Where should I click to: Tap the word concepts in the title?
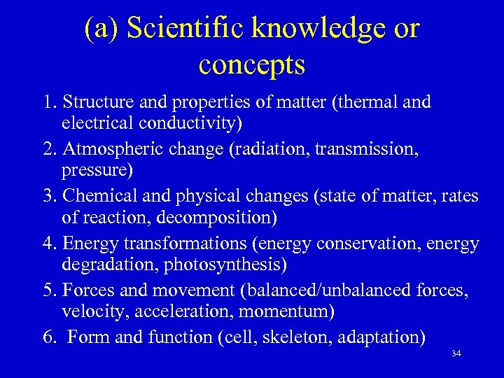(251, 65)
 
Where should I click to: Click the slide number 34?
(456, 353)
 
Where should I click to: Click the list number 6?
(50, 337)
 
